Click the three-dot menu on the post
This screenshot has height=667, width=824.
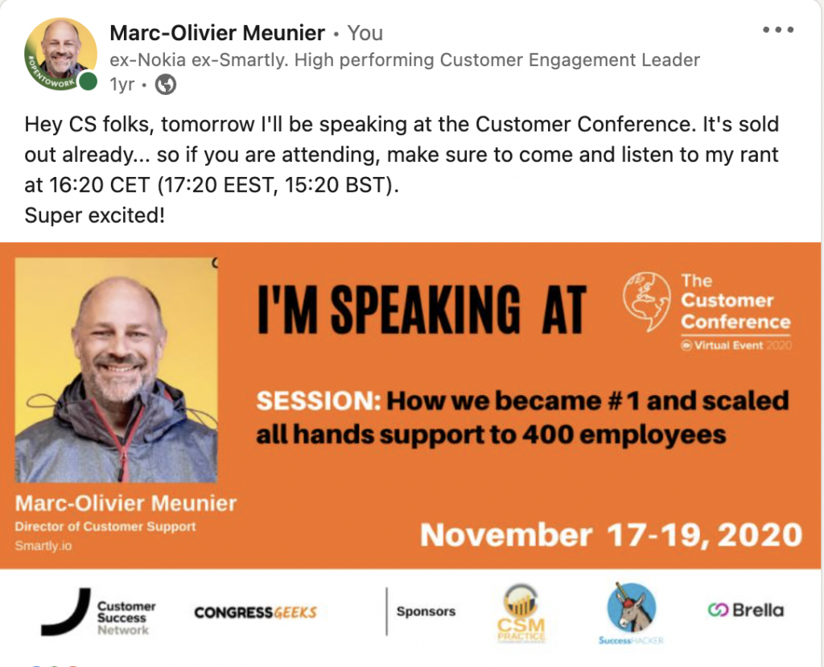coord(778,30)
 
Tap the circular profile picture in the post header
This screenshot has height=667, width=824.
coord(60,54)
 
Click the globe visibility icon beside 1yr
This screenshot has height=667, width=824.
coord(166,84)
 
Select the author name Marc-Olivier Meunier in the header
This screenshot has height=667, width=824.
coord(217,33)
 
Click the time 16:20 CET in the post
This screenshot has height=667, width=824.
coord(99,185)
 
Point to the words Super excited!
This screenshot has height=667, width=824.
coord(95,216)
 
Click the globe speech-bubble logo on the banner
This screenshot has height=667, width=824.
coord(647,301)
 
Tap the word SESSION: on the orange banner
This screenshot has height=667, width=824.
coord(319,401)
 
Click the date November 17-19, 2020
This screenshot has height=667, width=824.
coord(612,535)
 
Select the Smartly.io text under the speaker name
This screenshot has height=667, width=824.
coord(43,546)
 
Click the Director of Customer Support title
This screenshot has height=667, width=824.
coord(105,526)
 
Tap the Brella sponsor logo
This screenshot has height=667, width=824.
coord(745,610)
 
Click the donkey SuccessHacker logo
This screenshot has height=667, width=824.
coord(631,613)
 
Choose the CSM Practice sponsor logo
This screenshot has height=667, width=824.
coord(521,614)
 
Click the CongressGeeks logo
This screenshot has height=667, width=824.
coord(255,612)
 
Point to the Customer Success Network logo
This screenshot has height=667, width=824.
coord(98,613)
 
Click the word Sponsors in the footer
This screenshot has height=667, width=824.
coord(426,611)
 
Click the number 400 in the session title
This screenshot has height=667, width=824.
coord(547,434)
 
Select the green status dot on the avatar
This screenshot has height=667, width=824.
coord(88,81)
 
